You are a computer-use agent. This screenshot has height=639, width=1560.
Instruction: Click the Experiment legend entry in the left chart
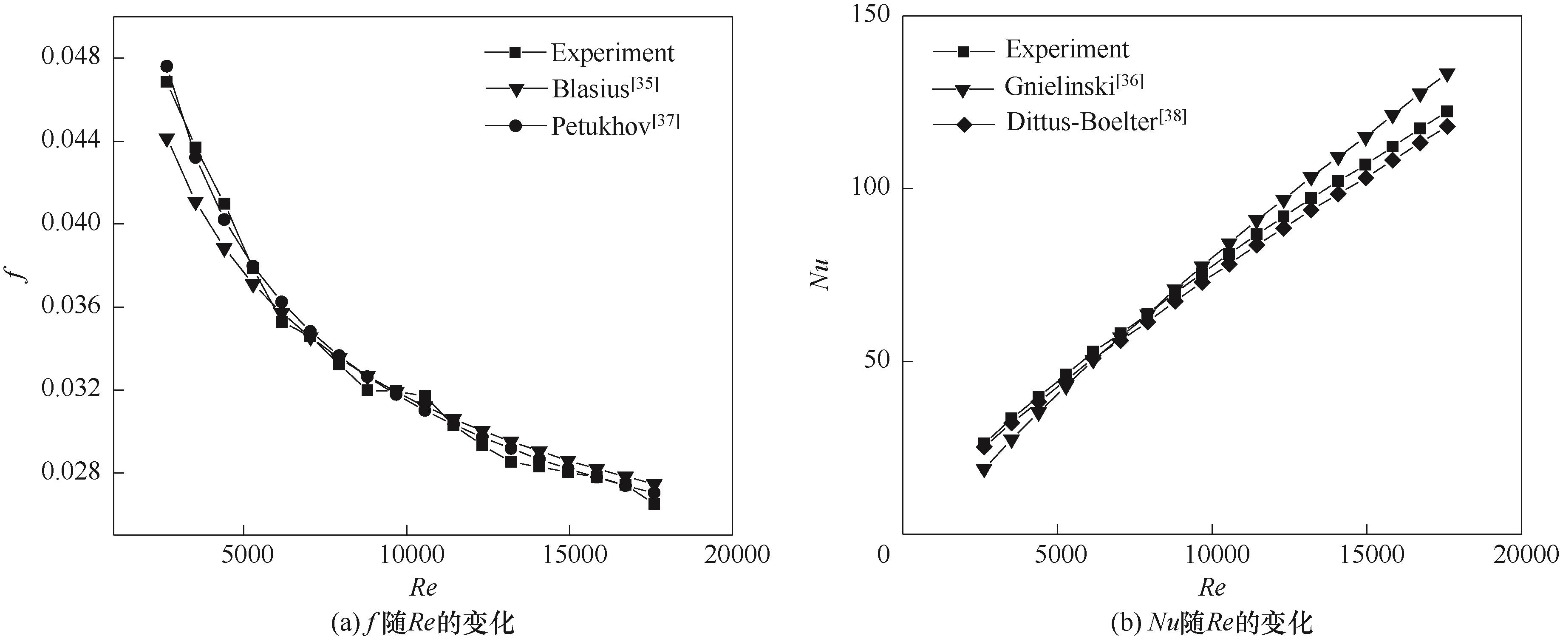tap(612, 53)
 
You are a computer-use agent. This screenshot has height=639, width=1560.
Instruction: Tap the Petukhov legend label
tap(614, 125)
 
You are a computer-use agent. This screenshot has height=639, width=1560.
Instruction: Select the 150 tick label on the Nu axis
tap(871, 14)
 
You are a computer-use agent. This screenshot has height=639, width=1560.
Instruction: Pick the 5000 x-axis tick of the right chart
tap(1060, 555)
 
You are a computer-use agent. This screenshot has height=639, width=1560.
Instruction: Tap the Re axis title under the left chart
tap(423, 587)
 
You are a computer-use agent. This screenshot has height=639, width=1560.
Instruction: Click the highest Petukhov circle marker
tap(167, 66)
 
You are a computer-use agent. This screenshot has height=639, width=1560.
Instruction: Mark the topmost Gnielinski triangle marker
tap(1447, 76)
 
